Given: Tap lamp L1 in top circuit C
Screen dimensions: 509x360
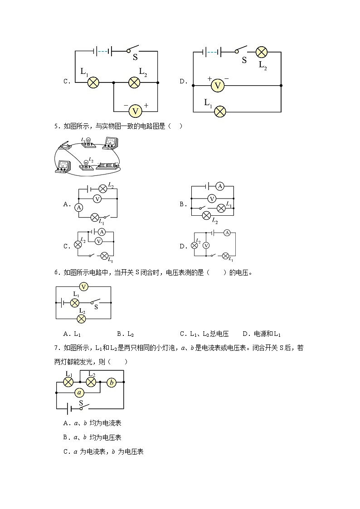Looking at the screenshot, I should pos(93,82).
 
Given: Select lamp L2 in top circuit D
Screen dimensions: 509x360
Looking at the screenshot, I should pos(262,52).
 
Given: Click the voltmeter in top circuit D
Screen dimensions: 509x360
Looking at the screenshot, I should pos(218,85).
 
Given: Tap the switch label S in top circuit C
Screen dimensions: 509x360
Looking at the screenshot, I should pos(135,58).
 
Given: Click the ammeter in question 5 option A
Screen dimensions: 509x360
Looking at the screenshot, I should pos(78,208).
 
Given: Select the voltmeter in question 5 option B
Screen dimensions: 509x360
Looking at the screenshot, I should pos(212,198).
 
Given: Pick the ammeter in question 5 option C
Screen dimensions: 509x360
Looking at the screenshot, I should pos(102,232).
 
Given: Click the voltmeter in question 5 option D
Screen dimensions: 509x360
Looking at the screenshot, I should pos(206,245).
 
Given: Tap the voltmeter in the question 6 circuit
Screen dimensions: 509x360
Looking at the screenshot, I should pos(83,286).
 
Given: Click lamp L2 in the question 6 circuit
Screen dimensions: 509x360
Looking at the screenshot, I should pos(82,319).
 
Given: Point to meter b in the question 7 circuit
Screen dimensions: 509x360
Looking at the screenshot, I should pos(112,383).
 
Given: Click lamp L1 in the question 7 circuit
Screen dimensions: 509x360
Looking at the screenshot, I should pos(68,383).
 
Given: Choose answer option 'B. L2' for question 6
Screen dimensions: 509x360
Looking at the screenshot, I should pos(125,334).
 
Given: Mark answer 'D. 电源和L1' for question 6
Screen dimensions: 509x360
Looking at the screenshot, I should pos(262,334).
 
